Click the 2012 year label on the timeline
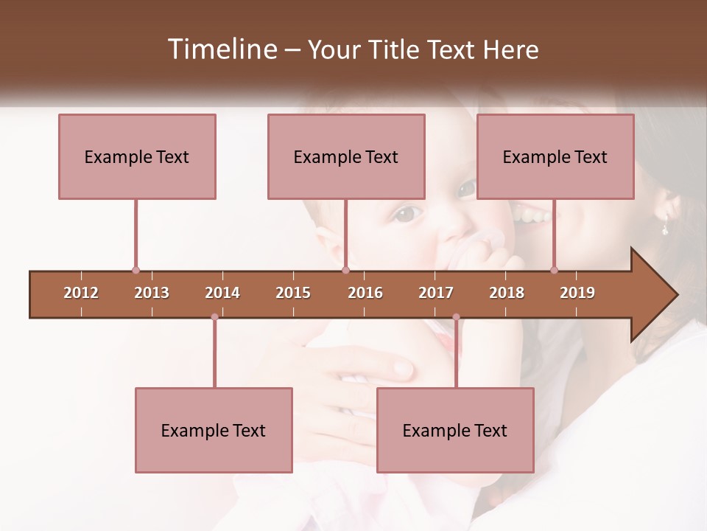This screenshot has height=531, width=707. [x=81, y=293]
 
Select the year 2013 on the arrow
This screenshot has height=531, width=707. [x=152, y=293]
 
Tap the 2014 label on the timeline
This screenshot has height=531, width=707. [x=222, y=293]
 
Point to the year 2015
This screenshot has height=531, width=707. [x=293, y=293]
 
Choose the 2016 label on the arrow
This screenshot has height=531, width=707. [x=365, y=293]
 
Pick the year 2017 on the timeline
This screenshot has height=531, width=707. [x=436, y=293]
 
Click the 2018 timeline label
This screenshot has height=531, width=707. [x=507, y=293]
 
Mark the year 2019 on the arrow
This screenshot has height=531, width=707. [x=577, y=293]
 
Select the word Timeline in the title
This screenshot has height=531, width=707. [x=222, y=49]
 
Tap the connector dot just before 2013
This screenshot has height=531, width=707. [x=136, y=270]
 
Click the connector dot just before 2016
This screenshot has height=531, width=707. [x=345, y=270]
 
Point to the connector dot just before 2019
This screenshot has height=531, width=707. [x=554, y=270]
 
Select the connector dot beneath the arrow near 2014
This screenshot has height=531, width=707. [x=214, y=317]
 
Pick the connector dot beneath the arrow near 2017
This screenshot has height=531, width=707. [x=456, y=317]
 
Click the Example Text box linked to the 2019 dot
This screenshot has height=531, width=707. [x=555, y=156]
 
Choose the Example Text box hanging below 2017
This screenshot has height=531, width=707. [x=455, y=430]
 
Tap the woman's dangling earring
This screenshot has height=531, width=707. [x=665, y=228]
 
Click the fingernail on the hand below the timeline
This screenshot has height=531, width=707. [x=403, y=367]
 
